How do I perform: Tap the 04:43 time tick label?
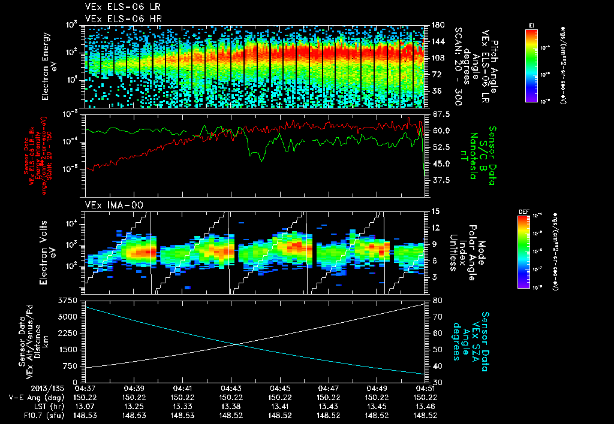(231, 388)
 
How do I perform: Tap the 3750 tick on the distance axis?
(67, 299)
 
